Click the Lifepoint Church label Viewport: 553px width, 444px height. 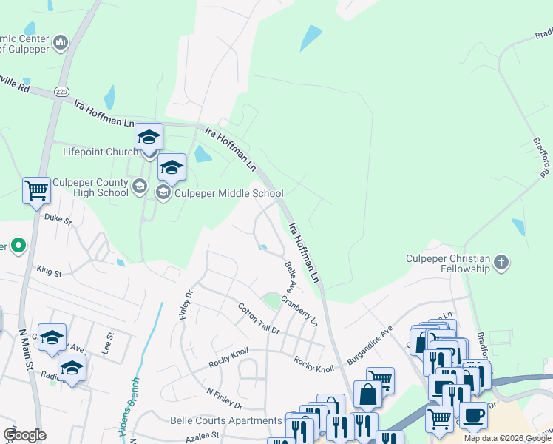click(100, 152)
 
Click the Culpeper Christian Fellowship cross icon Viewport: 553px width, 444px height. click(501, 262)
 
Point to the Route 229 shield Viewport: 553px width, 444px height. click(61, 91)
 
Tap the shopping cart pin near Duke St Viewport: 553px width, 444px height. click(36, 192)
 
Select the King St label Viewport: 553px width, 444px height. click(49, 272)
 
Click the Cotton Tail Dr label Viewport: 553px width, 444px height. click(259, 318)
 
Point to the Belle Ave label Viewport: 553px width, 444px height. click(289, 275)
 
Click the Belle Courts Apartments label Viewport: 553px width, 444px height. click(225, 421)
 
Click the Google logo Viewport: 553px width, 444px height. click(24, 435)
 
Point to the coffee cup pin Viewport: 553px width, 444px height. click(473, 414)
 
